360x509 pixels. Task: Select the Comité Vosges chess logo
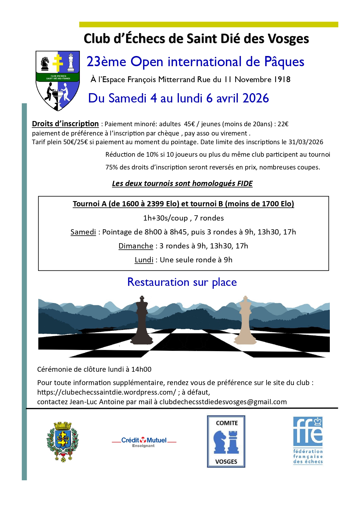coord(226,441)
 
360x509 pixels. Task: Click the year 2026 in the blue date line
coord(255,98)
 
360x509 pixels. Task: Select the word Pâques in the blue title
coord(284,62)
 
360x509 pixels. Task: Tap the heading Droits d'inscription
coord(65,124)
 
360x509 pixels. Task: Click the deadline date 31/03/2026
coord(306,142)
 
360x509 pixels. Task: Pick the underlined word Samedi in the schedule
coord(83,232)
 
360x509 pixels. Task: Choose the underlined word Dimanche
coord(136,246)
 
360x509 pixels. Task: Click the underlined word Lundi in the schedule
coord(144,260)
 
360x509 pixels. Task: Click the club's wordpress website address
coord(107,392)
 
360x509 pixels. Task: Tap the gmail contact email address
coord(223,402)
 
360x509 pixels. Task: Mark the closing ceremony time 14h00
coord(141,369)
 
